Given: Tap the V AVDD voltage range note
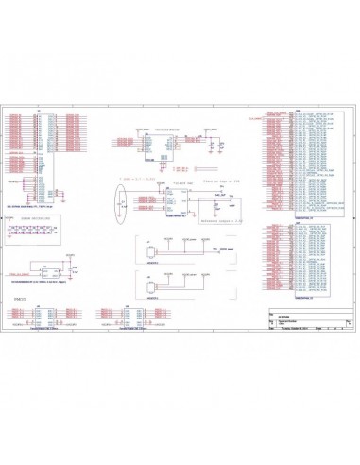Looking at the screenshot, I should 130,178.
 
